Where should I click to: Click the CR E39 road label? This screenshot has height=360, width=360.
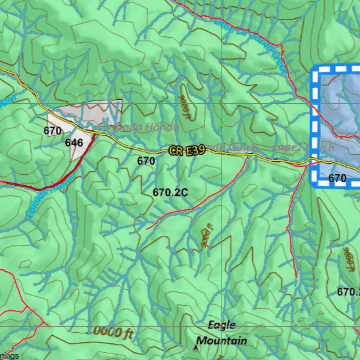pyautogui.click(x=186, y=151)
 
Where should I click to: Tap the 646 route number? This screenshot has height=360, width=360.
pyautogui.click(x=74, y=142)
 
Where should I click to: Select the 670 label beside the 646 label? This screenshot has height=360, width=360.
pyautogui.click(x=52, y=131)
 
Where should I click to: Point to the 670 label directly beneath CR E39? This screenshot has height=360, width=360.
pyautogui.click(x=146, y=161)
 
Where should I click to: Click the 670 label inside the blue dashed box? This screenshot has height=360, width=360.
pyautogui.click(x=337, y=178)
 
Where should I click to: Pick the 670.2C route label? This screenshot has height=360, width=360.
pyautogui.click(x=170, y=192)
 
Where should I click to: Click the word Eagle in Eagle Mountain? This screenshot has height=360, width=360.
pyautogui.click(x=221, y=325)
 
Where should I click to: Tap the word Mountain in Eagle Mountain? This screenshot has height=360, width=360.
pyautogui.click(x=221, y=340)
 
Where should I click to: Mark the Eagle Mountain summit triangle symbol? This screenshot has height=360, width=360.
pyautogui.click(x=195, y=348)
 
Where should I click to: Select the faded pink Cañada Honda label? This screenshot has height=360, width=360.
pyautogui.click(x=139, y=128)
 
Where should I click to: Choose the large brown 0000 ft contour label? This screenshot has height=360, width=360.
pyautogui.click(x=113, y=332)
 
